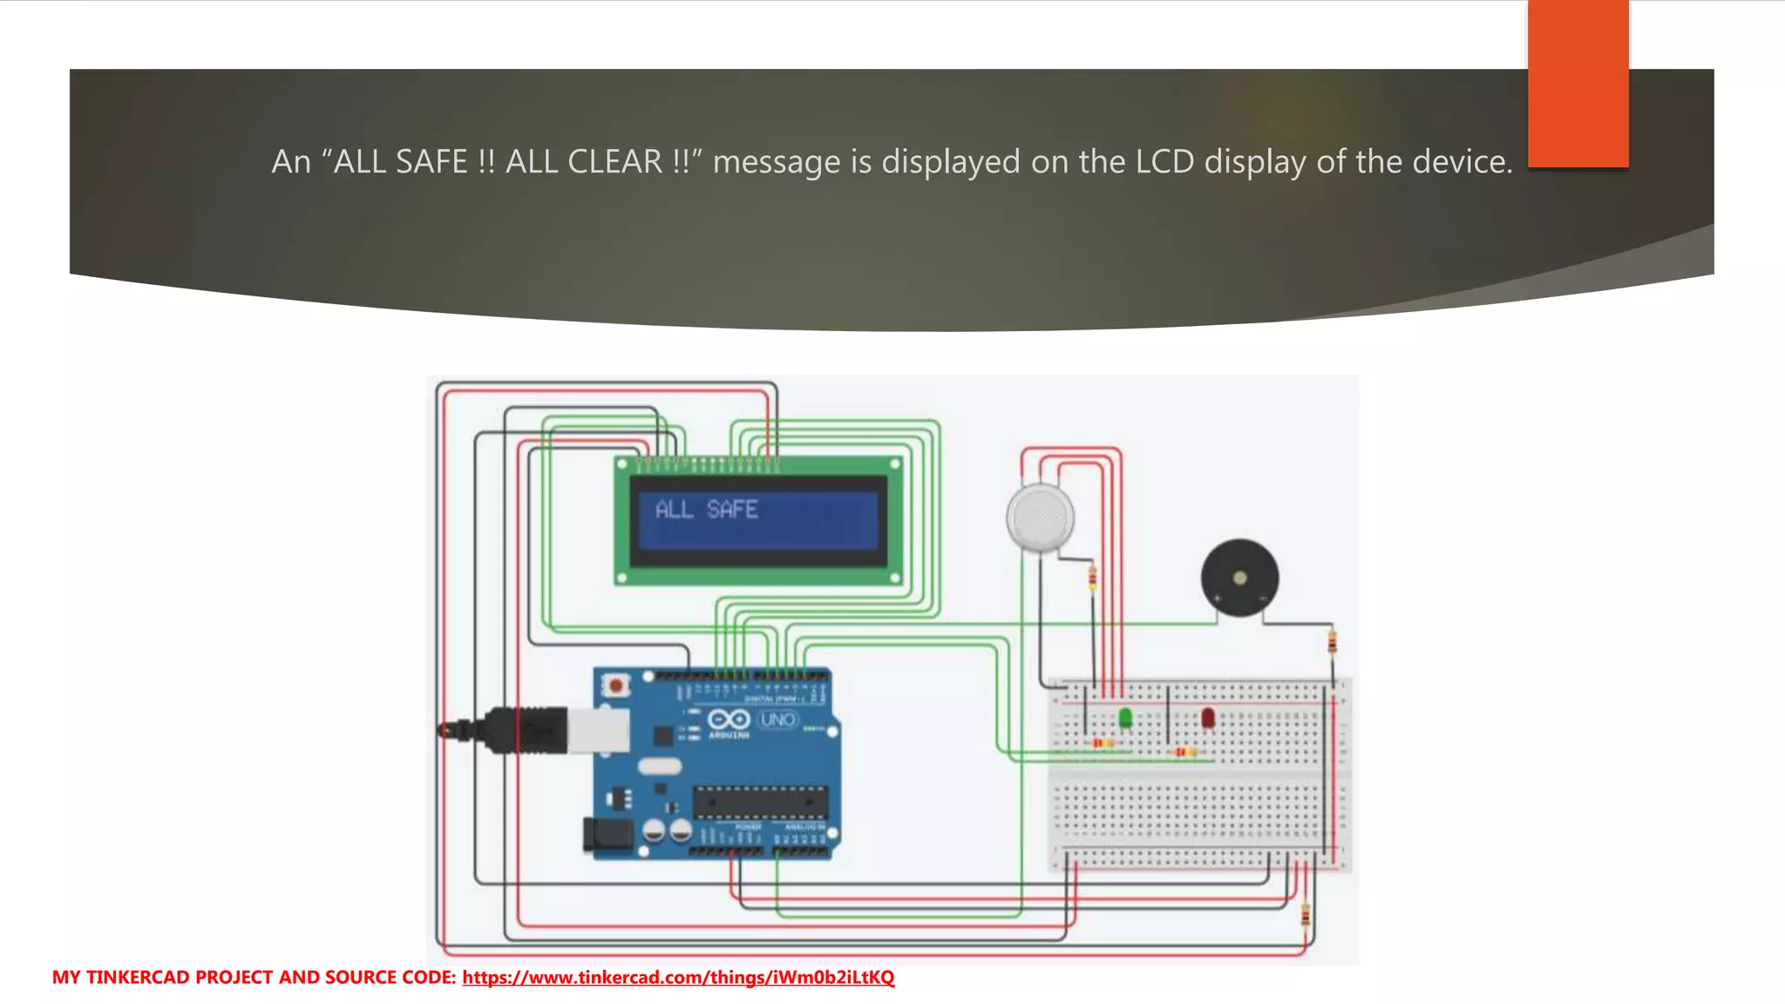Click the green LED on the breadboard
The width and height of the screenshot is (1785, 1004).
[1125, 718]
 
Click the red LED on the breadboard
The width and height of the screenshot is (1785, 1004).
[1207, 718]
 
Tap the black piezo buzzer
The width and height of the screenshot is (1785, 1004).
[1239, 578]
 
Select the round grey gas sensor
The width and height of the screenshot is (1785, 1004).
[1040, 518]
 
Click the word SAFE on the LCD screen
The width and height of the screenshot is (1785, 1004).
[732, 509]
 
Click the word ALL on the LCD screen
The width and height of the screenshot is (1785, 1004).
[674, 509]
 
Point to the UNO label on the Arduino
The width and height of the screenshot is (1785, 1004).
[777, 720]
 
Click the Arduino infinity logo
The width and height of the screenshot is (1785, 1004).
[728, 720]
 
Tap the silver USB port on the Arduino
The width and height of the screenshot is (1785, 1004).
[598, 729]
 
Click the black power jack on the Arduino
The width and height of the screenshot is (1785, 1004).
[607, 835]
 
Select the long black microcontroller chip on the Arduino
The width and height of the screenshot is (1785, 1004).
[759, 801]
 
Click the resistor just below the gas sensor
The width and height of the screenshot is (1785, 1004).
[1093, 578]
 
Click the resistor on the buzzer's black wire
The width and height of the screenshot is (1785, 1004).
[1332, 642]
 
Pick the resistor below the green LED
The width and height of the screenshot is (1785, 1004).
[1103, 743]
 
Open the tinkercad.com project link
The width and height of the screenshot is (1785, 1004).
[678, 977]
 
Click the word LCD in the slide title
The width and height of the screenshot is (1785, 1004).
[1164, 162]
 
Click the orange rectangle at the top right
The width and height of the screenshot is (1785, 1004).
[1578, 83]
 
